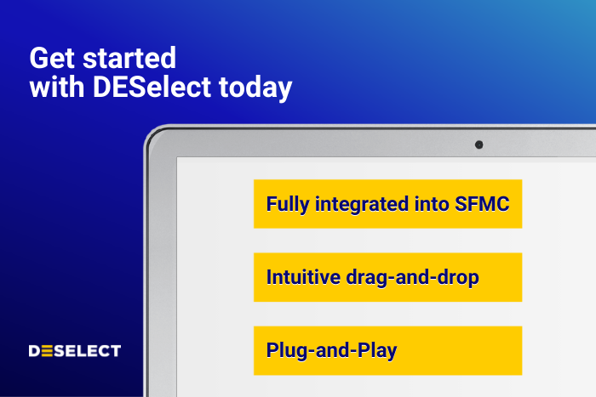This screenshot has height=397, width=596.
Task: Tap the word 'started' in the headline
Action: pyautogui.click(x=126, y=59)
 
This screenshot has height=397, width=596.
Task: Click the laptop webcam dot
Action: pyautogui.click(x=479, y=145)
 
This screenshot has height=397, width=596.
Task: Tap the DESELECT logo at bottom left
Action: pyautogui.click(x=75, y=350)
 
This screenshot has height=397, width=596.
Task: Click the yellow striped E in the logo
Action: pyautogui.click(x=49, y=350)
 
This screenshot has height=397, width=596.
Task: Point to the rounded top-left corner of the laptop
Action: pyautogui.click(x=154, y=136)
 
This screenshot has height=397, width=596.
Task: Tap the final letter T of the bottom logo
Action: pyautogui.click(x=116, y=350)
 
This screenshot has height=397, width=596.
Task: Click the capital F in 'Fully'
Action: pyautogui.click(x=272, y=204)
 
